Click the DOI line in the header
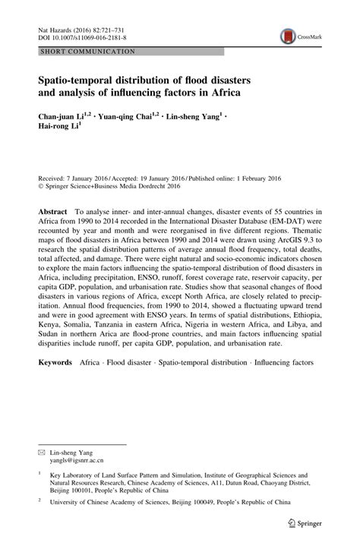pos(82,36)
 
